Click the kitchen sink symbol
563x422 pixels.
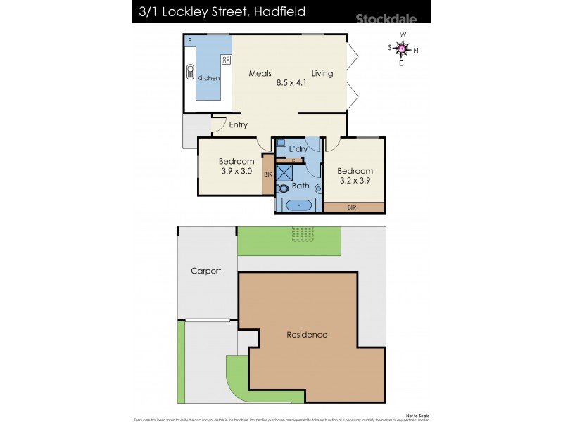(x=189, y=72)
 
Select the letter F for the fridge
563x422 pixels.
(x=190, y=41)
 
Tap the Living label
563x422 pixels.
(x=322, y=74)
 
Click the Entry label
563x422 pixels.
(x=239, y=125)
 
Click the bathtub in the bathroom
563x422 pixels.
(x=298, y=205)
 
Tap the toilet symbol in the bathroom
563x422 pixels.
(x=283, y=188)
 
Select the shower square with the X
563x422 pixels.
(x=283, y=172)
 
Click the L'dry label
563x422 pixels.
(x=298, y=148)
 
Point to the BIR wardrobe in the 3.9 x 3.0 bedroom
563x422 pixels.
(x=267, y=174)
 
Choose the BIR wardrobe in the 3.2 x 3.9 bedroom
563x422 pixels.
(x=354, y=207)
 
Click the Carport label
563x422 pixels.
(x=205, y=271)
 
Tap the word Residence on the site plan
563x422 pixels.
(x=306, y=335)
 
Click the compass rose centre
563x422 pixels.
(x=402, y=49)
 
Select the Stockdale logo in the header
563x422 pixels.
(x=386, y=19)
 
